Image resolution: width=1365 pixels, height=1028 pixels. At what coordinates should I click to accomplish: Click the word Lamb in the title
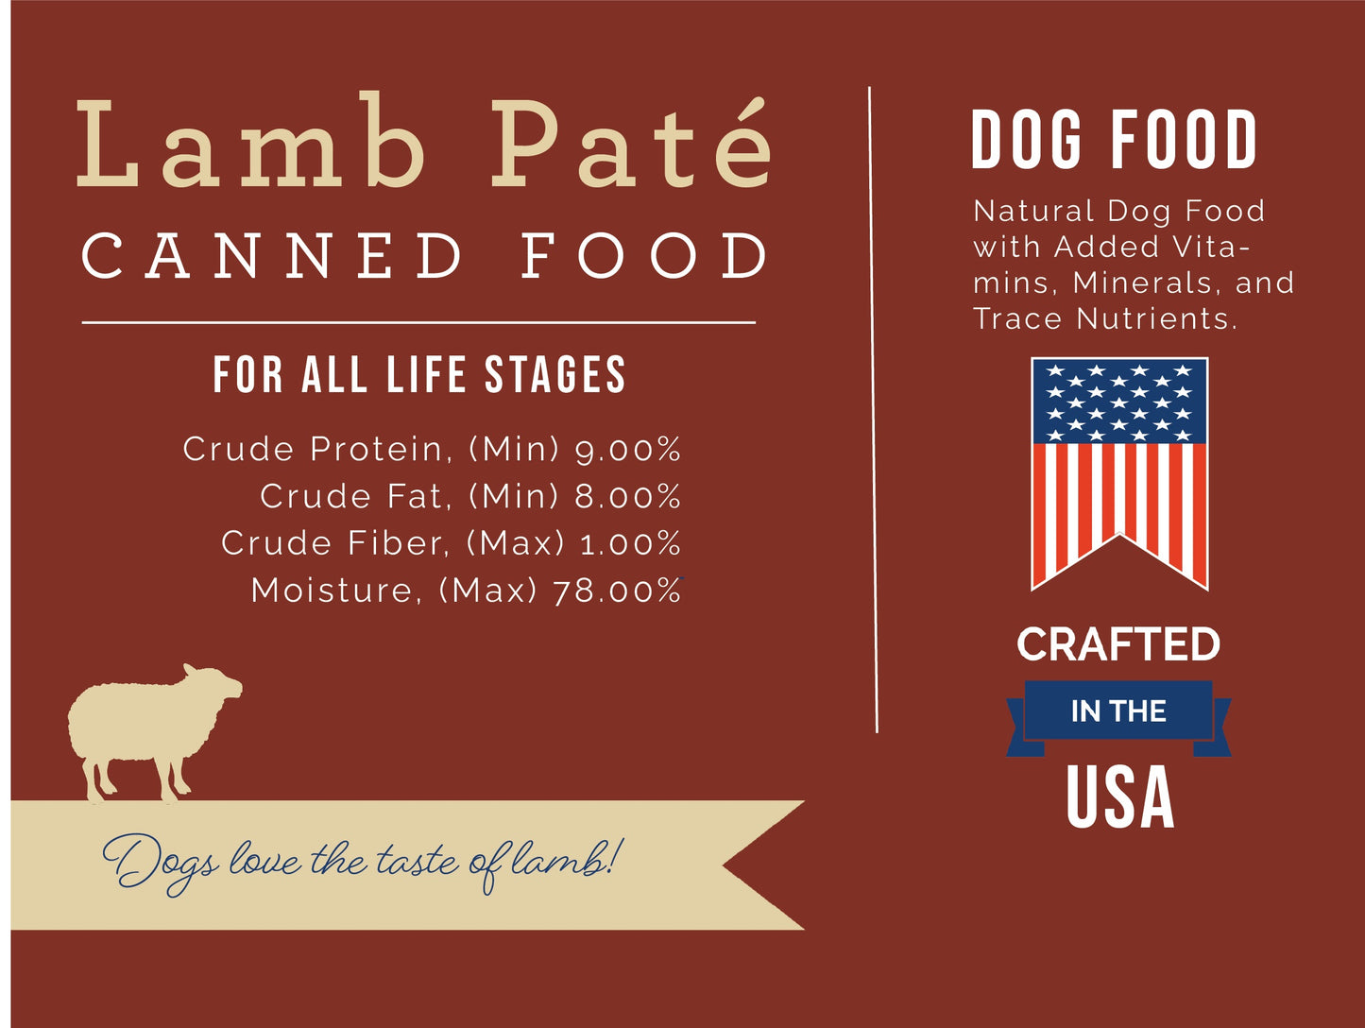click(x=250, y=140)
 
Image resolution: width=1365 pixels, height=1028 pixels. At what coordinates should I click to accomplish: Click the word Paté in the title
click(x=631, y=142)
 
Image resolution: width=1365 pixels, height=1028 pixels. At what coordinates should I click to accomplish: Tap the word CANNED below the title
click(x=272, y=256)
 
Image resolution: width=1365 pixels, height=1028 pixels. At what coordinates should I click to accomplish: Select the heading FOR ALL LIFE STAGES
click(x=419, y=374)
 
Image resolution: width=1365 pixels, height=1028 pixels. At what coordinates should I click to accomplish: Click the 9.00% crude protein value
click(x=627, y=449)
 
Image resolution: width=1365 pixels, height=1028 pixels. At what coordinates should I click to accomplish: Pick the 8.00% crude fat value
click(x=627, y=496)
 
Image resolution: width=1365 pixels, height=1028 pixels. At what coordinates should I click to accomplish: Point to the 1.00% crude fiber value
click(x=630, y=543)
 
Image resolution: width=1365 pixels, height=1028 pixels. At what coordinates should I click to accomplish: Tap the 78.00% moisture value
click(x=617, y=591)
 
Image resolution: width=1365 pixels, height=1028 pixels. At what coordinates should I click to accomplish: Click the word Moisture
click(x=333, y=591)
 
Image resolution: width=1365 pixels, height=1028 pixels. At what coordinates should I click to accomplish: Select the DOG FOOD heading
click(x=1114, y=139)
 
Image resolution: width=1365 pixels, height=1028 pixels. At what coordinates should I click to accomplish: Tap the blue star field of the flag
click(x=1119, y=402)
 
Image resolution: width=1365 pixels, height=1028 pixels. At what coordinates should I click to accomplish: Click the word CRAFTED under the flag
click(x=1118, y=644)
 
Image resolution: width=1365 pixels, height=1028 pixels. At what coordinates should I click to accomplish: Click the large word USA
click(x=1120, y=796)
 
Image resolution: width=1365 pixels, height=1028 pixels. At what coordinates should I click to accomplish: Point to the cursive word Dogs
click(x=160, y=864)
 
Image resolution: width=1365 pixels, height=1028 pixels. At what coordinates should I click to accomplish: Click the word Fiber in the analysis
click(x=398, y=543)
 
